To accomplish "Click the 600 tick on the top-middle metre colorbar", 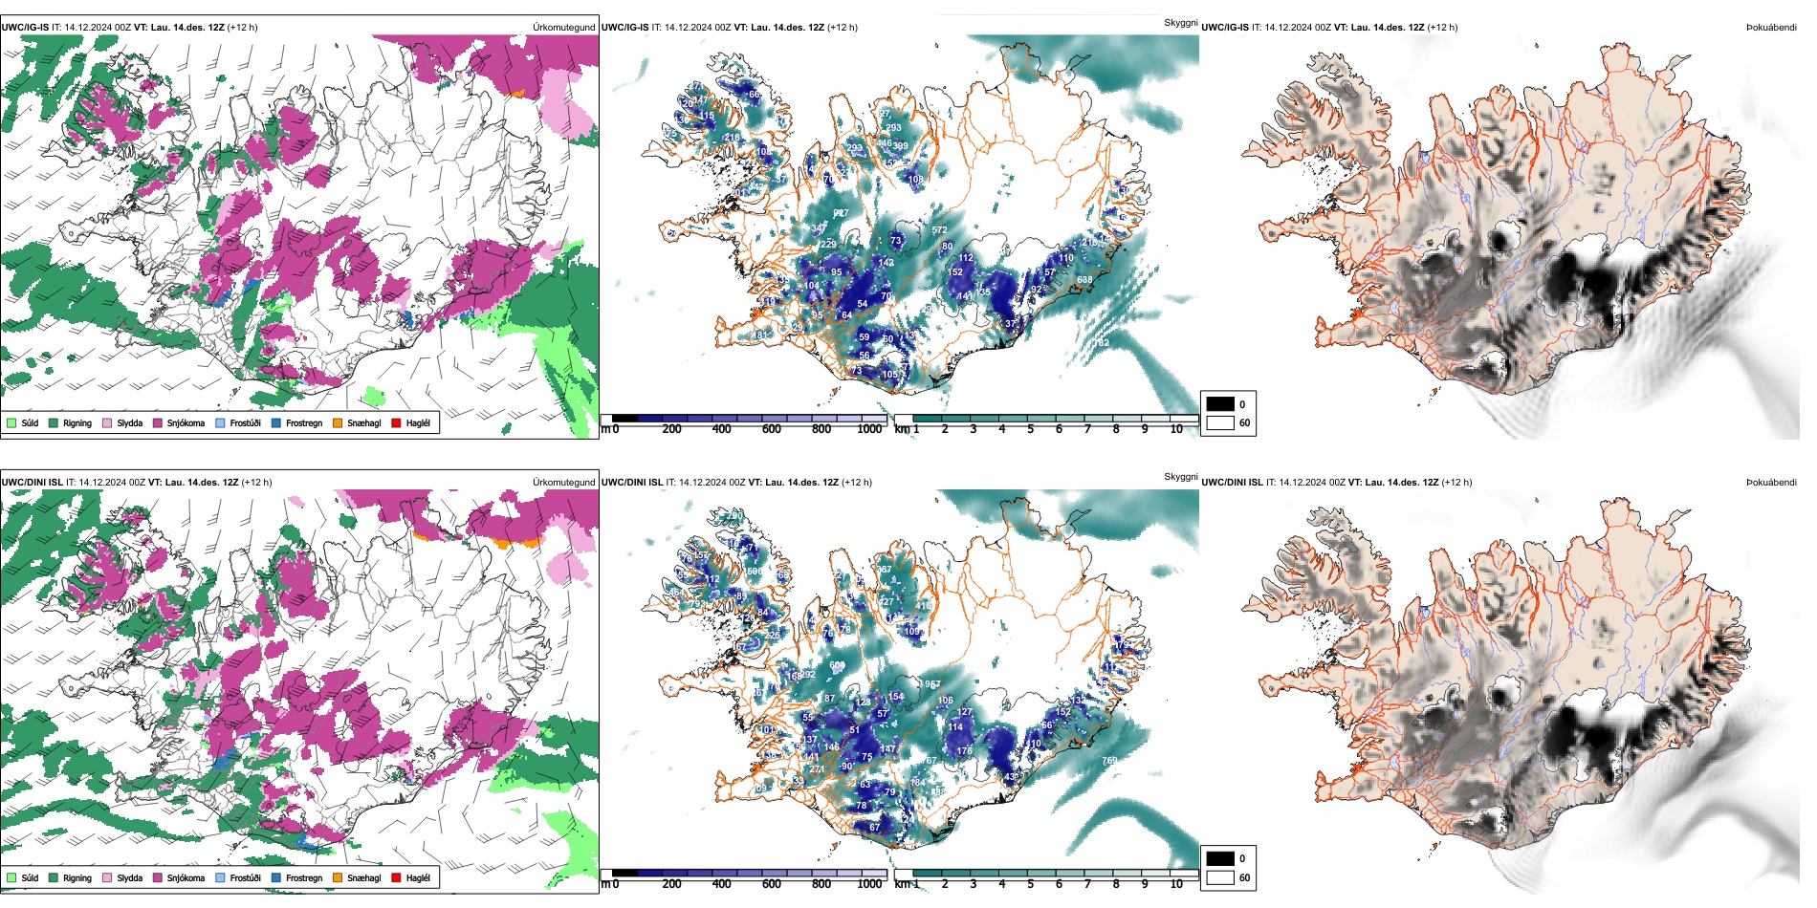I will (x=771, y=429).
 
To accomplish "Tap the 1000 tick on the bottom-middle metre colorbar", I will (x=869, y=884).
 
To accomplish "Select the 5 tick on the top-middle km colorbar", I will (x=1030, y=429).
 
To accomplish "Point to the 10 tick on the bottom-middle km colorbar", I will (x=1176, y=884).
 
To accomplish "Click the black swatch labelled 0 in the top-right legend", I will (x=1220, y=404).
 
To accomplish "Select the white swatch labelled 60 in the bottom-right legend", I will (x=1220, y=877).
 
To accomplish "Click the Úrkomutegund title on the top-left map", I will (x=563, y=28).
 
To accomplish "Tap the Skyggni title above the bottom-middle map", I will (x=1180, y=476).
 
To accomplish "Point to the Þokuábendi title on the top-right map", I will (x=1771, y=28).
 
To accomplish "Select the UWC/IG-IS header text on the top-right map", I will (x=1225, y=28).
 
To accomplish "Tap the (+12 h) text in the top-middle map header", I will (x=843, y=28).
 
